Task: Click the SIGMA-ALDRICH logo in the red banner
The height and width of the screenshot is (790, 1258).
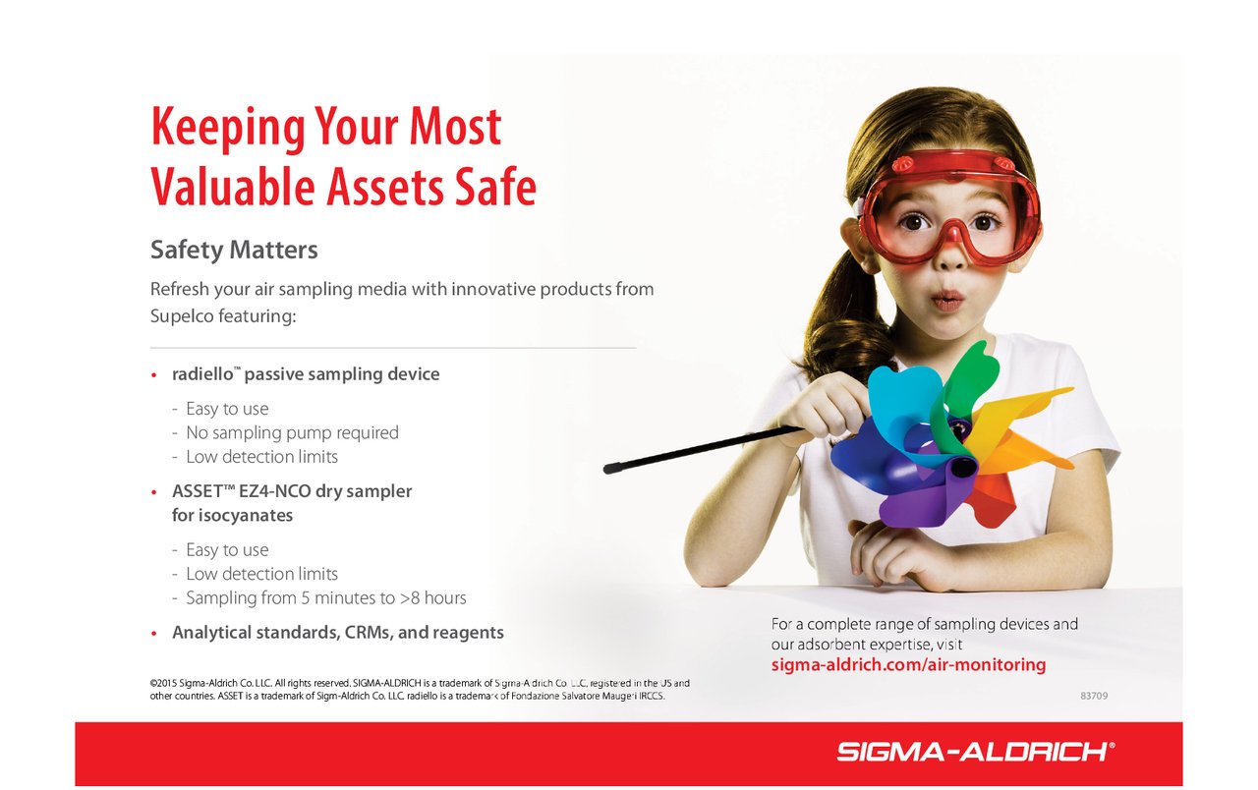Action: pos(976,752)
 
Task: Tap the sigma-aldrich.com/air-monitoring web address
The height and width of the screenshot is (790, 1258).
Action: pos(908,665)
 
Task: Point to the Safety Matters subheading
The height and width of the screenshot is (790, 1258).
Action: pos(234,251)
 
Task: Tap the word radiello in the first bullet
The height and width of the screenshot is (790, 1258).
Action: pos(202,374)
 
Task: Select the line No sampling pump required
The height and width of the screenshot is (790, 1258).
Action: pos(292,433)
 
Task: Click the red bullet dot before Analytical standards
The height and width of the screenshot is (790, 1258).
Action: pos(154,634)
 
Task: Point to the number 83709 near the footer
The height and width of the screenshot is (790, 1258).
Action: pos(1094,696)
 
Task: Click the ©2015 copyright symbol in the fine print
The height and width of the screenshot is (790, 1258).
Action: pos(153,683)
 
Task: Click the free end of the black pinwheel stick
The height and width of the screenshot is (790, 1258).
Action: pos(606,469)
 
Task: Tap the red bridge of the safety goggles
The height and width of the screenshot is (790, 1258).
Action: pos(949,231)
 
